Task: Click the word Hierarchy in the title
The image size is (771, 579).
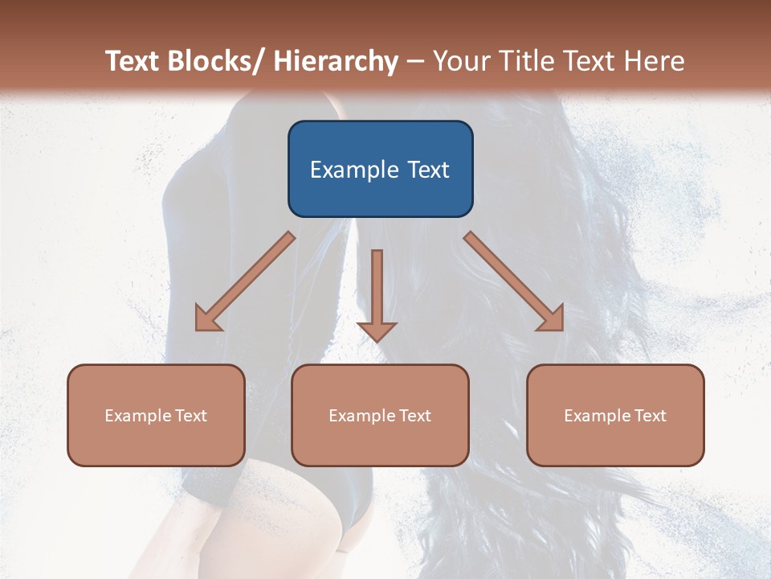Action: click(336, 61)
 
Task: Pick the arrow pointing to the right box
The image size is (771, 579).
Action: click(514, 281)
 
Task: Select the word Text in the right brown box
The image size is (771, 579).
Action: click(650, 416)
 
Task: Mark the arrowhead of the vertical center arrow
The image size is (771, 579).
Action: click(377, 331)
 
